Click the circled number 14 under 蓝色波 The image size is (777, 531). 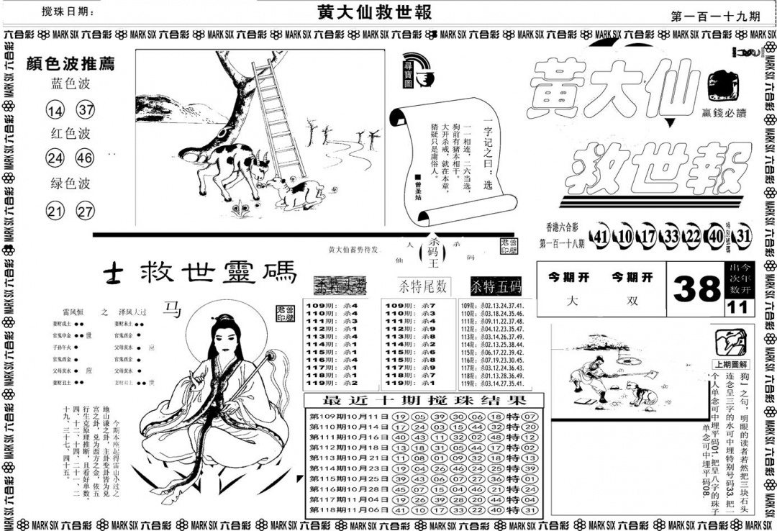coord(55,111)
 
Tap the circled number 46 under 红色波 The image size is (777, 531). coord(86,158)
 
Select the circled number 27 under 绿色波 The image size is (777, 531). coord(86,212)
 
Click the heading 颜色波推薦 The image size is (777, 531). coord(70,63)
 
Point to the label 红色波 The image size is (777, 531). coord(71,134)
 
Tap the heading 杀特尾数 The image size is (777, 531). coord(424,286)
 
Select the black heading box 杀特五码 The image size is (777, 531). coord(496,286)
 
